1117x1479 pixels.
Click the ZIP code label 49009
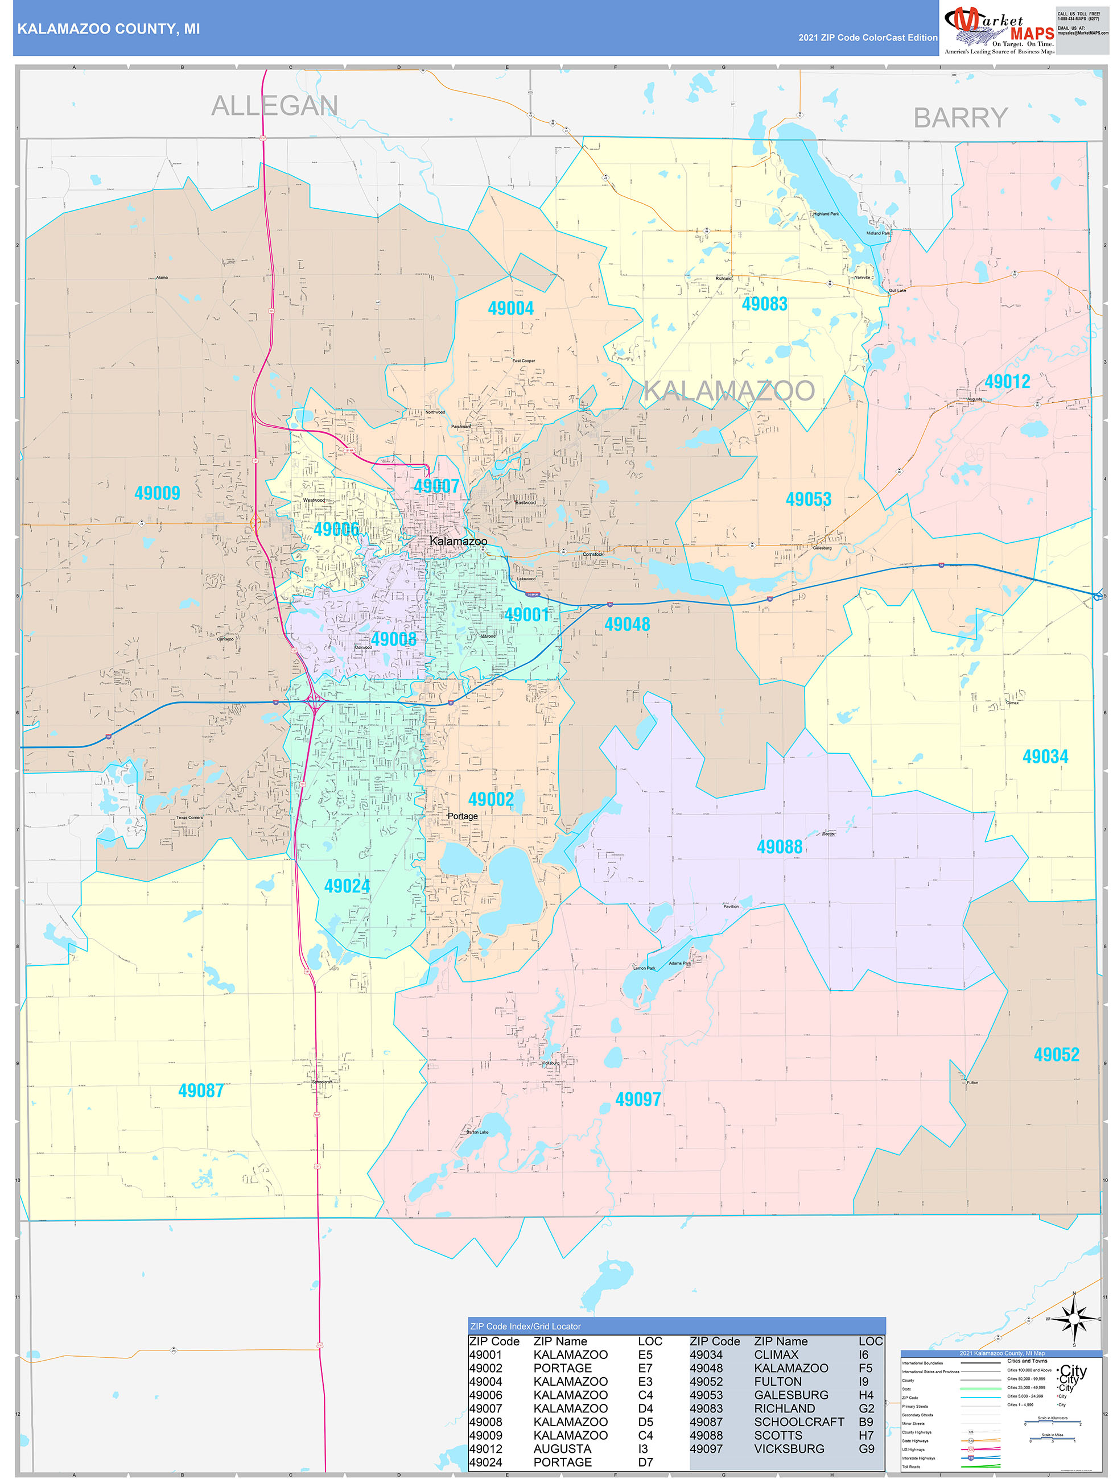tap(157, 493)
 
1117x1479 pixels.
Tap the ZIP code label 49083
tap(765, 304)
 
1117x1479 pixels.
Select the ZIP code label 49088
tap(779, 847)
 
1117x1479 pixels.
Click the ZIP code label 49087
tap(201, 1090)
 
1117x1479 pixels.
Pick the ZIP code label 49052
tap(1056, 1055)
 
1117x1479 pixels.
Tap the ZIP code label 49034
tap(1045, 757)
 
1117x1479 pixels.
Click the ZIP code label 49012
tap(1007, 382)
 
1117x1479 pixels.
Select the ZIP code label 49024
tap(347, 887)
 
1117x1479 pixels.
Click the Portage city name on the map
tap(463, 816)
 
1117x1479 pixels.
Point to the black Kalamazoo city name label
tap(458, 541)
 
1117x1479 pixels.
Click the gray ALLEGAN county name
tap(274, 106)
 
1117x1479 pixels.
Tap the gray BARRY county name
tap(960, 118)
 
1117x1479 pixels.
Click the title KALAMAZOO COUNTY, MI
tap(108, 29)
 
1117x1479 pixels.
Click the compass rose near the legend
tap(1074, 1320)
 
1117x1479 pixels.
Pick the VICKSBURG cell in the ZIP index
tap(789, 1449)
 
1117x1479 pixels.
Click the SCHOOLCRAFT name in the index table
tap(798, 1422)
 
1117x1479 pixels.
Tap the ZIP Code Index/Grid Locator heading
tap(525, 1327)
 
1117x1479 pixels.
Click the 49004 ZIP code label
tap(510, 308)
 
